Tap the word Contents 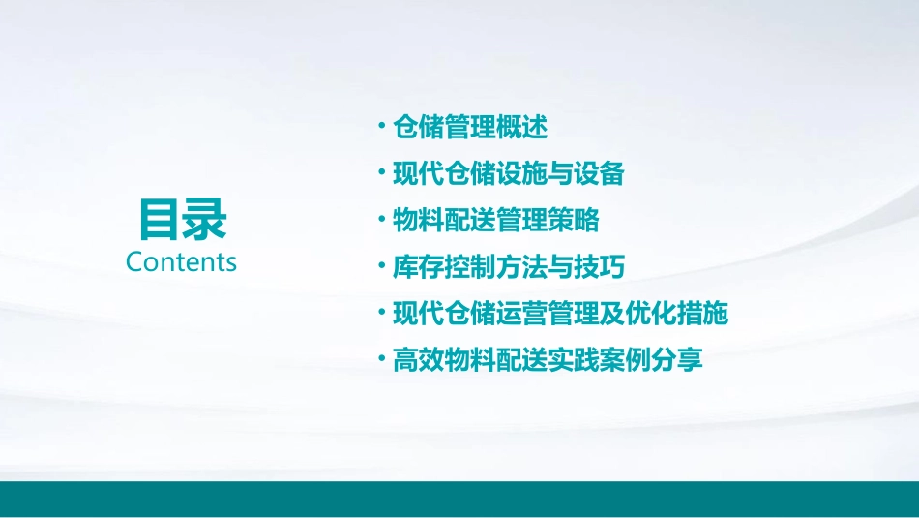coord(181,262)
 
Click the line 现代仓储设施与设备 coord(508,174)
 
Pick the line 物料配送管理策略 coord(495,221)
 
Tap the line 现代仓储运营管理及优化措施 coord(559,314)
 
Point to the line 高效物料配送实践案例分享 coord(547,361)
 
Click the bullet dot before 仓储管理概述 coord(382,126)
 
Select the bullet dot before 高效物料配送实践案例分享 coord(382,359)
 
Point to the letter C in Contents coord(134,262)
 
